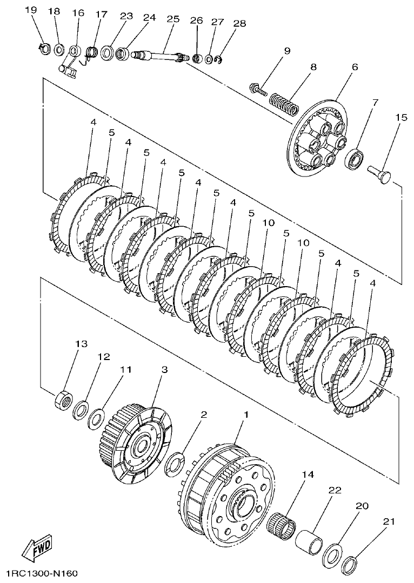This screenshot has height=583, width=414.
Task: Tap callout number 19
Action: (31, 11)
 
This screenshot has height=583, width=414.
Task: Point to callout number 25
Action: (172, 18)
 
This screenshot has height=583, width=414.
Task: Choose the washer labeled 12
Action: (82, 408)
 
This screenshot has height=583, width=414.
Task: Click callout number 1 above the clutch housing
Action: (246, 415)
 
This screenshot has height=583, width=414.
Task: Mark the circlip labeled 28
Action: (219, 62)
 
